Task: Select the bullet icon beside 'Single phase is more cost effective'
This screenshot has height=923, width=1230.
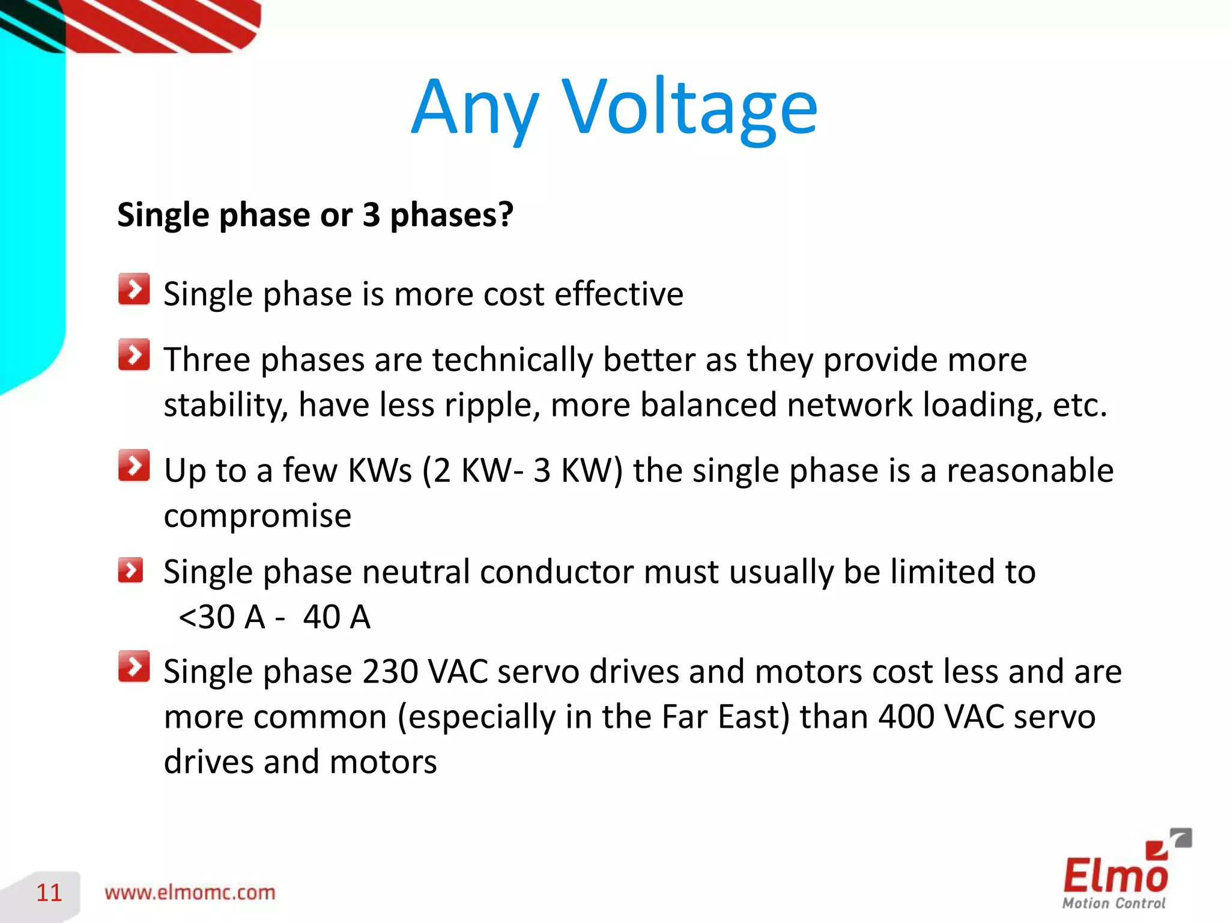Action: click(133, 290)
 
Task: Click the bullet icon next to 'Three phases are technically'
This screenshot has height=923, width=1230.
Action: click(133, 355)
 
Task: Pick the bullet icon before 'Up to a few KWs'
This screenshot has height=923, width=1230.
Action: click(133, 466)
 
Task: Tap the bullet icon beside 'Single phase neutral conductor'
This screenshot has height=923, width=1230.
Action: click(130, 570)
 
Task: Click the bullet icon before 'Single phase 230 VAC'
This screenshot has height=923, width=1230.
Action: click(133, 666)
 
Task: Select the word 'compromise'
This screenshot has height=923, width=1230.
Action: click(257, 516)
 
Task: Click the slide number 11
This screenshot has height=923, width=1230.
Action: click(49, 893)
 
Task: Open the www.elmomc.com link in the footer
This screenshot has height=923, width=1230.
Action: click(190, 892)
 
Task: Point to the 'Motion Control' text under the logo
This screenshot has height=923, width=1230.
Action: click(1113, 903)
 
